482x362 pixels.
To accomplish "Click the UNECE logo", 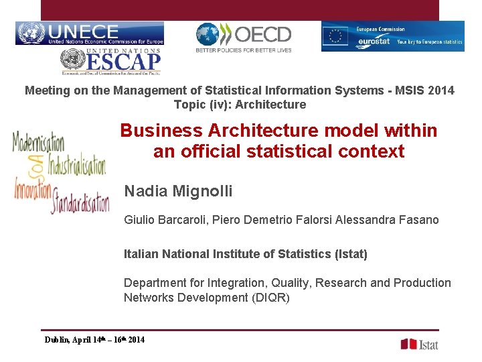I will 89,34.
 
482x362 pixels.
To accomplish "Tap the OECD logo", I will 243,37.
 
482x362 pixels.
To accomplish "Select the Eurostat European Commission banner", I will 392,36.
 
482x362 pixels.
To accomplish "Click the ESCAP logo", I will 111,62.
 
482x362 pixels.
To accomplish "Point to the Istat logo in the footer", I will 419,344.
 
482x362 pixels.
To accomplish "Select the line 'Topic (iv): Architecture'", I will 240,105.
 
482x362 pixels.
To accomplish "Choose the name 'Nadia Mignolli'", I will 178,192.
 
